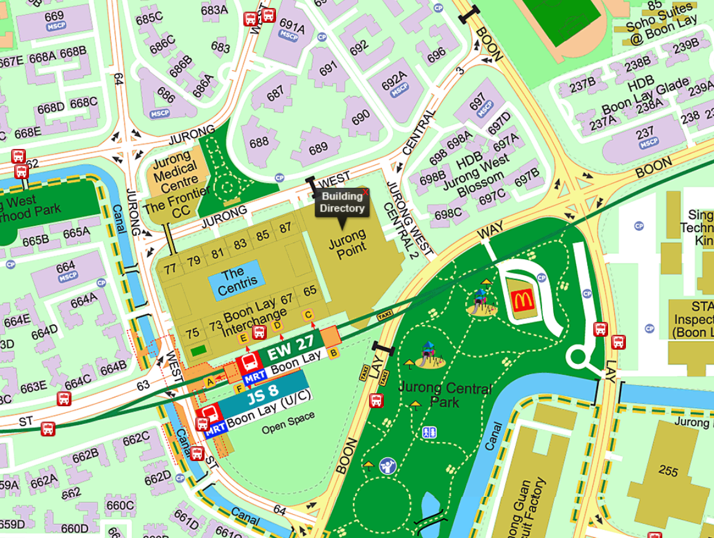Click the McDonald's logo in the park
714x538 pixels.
[521, 300]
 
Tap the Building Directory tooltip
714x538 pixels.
[343, 203]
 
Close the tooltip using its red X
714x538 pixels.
[365, 193]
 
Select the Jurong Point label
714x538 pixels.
[347, 241]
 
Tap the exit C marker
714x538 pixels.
[308, 315]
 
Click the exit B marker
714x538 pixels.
[333, 353]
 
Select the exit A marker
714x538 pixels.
[209, 382]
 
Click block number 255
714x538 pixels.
[668, 472]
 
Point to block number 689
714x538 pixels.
[318, 148]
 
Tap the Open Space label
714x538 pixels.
[288, 423]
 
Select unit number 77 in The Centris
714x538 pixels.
[170, 268]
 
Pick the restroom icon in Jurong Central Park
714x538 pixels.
[429, 432]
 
